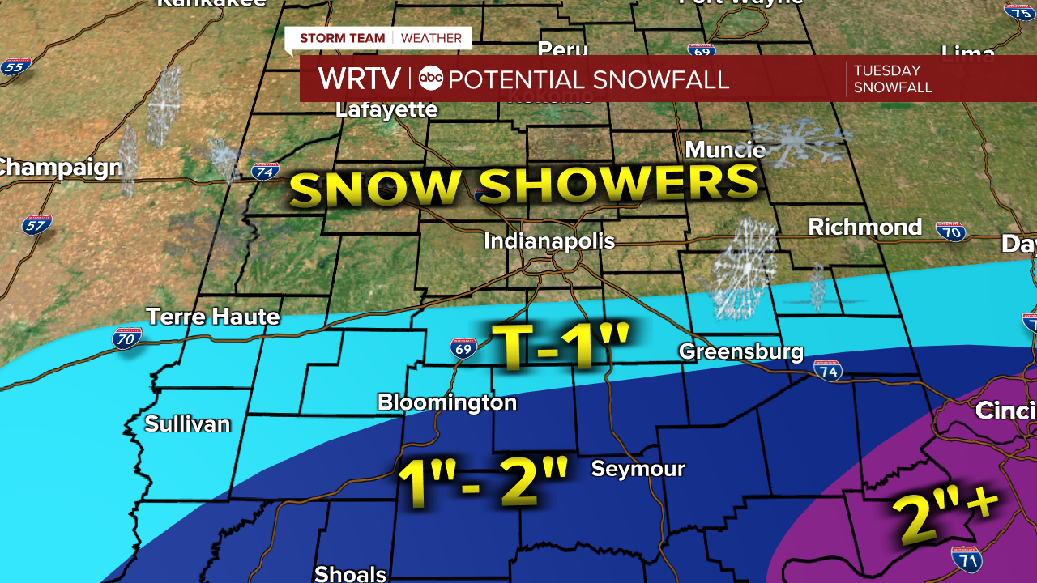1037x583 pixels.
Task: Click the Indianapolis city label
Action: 549,241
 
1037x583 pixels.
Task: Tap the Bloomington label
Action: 446,402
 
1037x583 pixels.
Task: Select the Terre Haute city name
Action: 212,316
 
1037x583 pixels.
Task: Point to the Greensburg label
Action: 740,351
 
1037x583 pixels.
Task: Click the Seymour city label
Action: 638,469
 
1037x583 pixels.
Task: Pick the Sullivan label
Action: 187,424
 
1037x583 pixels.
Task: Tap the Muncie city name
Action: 724,150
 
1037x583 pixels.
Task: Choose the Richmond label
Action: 864,227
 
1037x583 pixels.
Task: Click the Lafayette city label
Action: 386,110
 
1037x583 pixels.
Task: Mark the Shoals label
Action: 350,573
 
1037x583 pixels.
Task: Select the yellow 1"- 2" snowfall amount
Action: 483,483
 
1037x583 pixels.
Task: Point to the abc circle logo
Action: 431,79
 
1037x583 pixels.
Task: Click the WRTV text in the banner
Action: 359,79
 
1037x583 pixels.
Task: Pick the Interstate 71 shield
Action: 967,559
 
